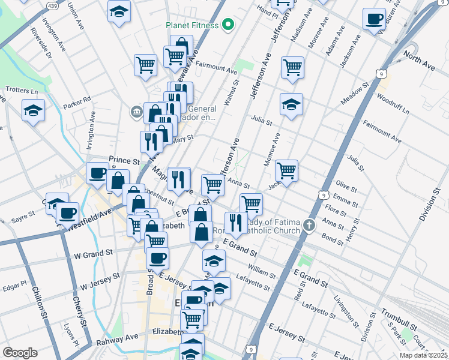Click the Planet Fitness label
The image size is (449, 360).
coord(192,25)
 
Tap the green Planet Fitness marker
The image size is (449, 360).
coord(228,25)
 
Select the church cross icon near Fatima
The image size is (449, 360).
coord(309,224)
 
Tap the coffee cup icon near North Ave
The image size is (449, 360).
coord(374,19)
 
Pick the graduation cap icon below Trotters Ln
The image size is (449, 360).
coord(34,110)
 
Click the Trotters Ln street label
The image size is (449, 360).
coord(21,90)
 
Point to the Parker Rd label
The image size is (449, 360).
coord(77,100)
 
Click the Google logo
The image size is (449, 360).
coord(20,352)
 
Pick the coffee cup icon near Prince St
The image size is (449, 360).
coord(97,173)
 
